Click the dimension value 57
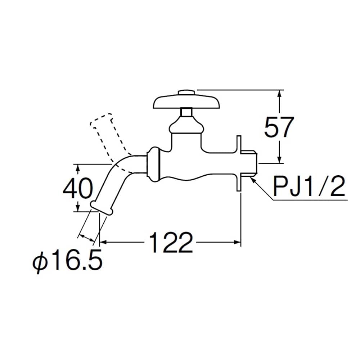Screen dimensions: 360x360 279,127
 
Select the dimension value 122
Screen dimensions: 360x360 171,242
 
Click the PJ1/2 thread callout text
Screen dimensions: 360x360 309,186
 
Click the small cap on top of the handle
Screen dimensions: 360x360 186,92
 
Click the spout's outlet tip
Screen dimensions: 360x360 102,208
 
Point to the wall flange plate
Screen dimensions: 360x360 239,163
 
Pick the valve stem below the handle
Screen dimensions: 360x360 186,112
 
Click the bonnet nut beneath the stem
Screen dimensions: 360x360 186,125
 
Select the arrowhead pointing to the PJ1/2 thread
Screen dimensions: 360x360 253,180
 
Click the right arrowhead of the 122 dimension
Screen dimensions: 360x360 237,242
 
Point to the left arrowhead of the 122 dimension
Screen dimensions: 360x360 103,242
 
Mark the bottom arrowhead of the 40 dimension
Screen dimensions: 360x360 78,208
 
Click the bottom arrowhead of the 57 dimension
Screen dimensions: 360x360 279,160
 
